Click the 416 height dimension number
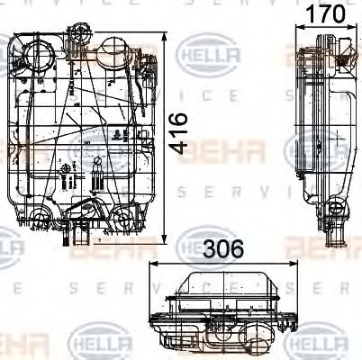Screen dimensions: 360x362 click(183, 134)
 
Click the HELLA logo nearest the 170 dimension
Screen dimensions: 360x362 click(212, 56)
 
